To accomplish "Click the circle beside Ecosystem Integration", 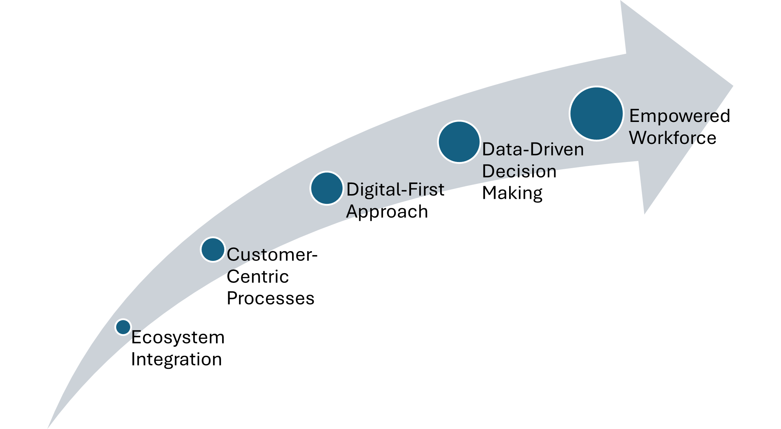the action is tap(123, 327).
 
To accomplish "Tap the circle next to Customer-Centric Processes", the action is tap(213, 249).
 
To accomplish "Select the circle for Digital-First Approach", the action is tap(327, 188).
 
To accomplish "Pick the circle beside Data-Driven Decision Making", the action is tap(459, 142).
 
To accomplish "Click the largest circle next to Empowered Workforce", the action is tap(596, 113).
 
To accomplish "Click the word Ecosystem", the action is tap(178, 337).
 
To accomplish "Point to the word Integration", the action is tap(176, 359).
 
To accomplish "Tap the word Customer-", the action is tap(272, 255).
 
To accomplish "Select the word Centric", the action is tap(258, 277).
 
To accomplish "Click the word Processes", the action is tap(271, 298).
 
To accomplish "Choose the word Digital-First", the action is tap(395, 189).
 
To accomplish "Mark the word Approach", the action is tap(387, 211).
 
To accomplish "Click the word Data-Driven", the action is tap(533, 149).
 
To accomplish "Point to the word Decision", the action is tap(519, 171).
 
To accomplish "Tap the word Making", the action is tap(512, 193).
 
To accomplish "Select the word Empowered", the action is tap(680, 116).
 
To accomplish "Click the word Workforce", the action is tap(673, 138).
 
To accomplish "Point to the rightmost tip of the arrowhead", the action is tap(733, 86).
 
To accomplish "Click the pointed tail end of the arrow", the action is tap(48, 428).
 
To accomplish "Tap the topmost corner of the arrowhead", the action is tap(621, 1).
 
